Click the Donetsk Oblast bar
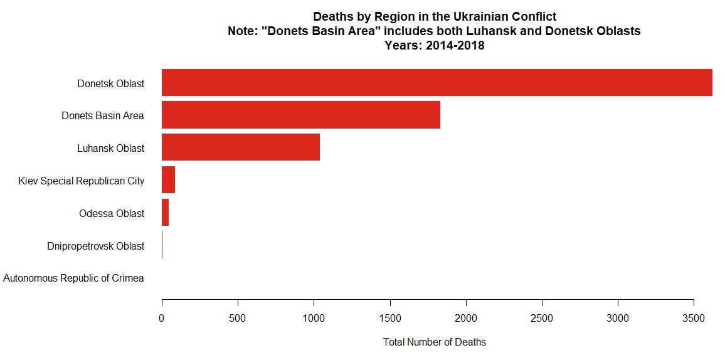[437, 82]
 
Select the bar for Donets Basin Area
[301, 115]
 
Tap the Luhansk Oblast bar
[241, 147]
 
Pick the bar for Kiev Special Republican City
[168, 180]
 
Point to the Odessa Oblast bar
[165, 213]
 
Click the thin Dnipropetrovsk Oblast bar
[162, 245]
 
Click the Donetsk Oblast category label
[110, 83]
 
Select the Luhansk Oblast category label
[110, 148]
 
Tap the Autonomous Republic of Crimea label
[73, 278]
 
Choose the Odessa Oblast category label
[112, 213]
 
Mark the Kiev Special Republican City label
[82, 181]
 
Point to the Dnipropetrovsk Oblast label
[95, 246]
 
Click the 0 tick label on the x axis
[162, 319]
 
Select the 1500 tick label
[390, 319]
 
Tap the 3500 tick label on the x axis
[694, 319]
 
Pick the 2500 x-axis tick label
[542, 319]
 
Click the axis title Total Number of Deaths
[434, 342]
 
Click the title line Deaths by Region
[434, 17]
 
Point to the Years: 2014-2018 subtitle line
[434, 45]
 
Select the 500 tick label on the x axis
[238, 319]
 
